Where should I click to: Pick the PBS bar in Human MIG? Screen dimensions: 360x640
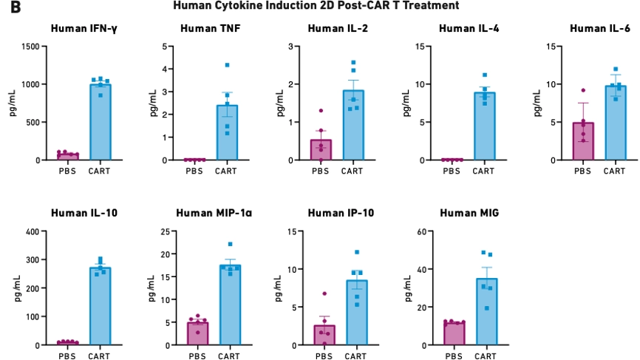(452, 333)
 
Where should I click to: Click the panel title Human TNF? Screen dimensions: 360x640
(206, 29)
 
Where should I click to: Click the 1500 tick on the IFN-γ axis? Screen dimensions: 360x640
(27, 47)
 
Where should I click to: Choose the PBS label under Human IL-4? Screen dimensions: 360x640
(452, 171)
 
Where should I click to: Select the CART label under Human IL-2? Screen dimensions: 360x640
(353, 171)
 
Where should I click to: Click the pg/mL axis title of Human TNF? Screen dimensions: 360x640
(153, 103)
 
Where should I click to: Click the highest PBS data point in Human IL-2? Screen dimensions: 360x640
(321, 111)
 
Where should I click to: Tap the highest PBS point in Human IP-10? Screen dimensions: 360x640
(324, 293)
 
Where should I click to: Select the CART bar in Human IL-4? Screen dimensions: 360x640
(484, 126)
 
